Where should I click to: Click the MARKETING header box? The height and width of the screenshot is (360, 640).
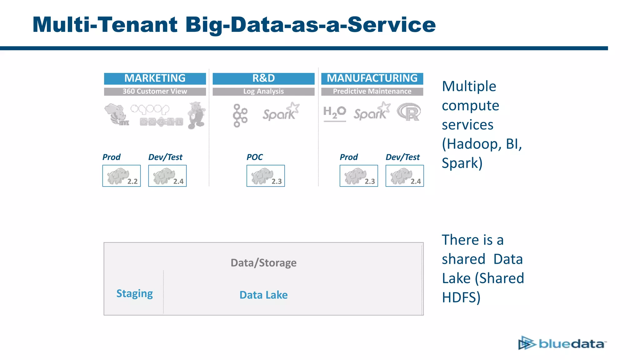(x=155, y=78)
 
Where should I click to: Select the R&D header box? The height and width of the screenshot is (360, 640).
(x=263, y=78)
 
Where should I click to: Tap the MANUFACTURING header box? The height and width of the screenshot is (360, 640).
(x=372, y=78)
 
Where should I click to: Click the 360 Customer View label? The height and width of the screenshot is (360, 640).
(x=155, y=92)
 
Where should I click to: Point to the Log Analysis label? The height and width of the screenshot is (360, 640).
(x=263, y=92)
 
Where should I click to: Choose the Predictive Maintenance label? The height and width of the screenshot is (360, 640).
(x=372, y=92)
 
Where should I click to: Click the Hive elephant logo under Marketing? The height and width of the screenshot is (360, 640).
(x=117, y=115)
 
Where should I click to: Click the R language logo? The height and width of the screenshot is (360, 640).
(x=409, y=112)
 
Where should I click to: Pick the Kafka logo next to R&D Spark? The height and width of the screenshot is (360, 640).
(x=240, y=115)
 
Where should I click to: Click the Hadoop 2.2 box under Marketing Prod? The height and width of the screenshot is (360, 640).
(x=122, y=176)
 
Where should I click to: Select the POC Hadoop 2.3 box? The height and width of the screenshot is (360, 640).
(x=266, y=176)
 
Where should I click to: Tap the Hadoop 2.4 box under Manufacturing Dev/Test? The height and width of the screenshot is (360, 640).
(x=405, y=176)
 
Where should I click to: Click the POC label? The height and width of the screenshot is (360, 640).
(x=254, y=157)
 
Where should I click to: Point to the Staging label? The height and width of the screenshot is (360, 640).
(x=134, y=294)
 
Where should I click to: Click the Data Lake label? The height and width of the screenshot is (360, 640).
(x=263, y=295)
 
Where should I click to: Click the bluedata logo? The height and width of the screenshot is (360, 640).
(x=562, y=343)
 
